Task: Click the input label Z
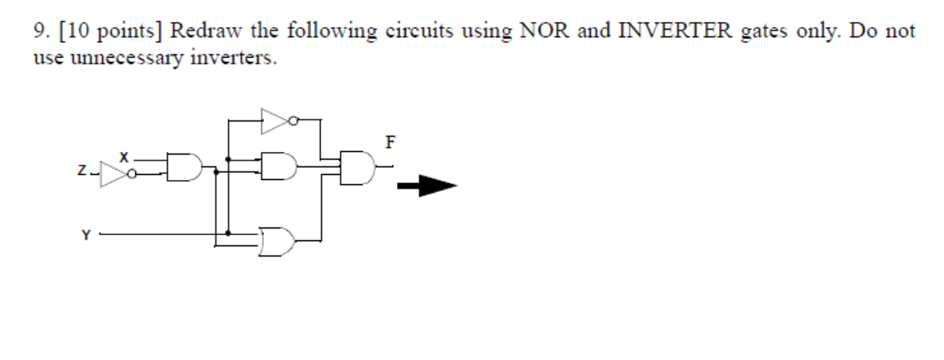[79, 172]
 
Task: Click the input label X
[124, 158]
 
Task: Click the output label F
[389, 142]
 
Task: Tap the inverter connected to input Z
[114, 172]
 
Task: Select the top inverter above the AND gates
[276, 121]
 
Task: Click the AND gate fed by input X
[184, 169]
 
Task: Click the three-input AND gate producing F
[357, 167]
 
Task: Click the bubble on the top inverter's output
[294, 121]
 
